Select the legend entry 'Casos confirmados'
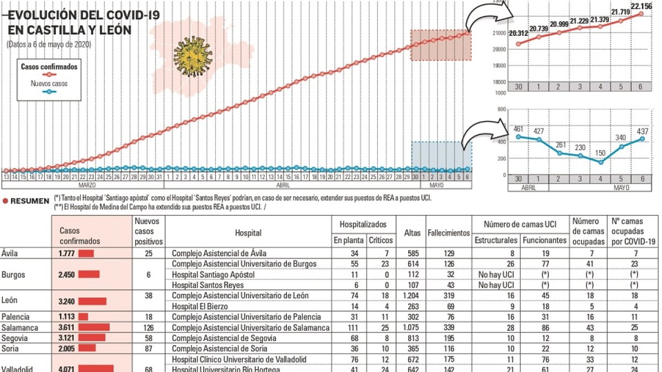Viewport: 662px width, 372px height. [49, 67]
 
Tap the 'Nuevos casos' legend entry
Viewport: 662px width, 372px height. [49, 84]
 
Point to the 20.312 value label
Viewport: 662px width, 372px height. [517, 34]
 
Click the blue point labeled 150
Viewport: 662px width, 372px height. [600, 162]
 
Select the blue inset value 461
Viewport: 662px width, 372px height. [518, 129]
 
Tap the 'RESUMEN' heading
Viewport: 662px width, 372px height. [30, 201]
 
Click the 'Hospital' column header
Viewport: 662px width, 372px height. [248, 233]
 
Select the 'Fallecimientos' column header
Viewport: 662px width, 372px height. [449, 233]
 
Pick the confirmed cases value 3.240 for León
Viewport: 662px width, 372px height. [67, 301]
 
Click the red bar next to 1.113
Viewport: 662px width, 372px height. [83, 317]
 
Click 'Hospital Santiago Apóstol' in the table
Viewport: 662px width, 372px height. [213, 274]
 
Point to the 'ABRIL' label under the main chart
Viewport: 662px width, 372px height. [282, 185]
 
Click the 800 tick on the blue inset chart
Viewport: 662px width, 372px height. [502, 109]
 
